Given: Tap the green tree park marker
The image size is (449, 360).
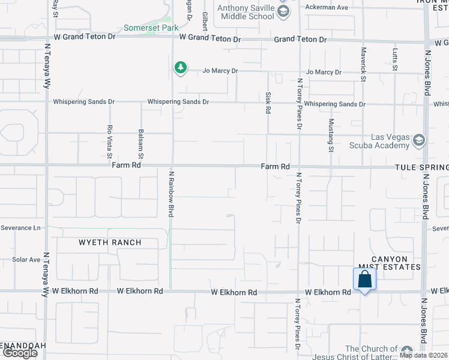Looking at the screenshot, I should [180, 68].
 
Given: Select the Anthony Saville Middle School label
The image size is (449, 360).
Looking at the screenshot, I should [246, 13].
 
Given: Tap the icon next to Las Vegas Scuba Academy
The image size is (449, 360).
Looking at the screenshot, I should [419, 140].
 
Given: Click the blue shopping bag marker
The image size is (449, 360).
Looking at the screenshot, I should [364, 280].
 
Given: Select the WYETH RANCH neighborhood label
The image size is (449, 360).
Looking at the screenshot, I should [110, 243].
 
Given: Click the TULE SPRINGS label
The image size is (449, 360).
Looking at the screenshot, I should [422, 167].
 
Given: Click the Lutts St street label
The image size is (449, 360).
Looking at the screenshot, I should [395, 59].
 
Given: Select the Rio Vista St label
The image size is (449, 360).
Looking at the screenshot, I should [110, 141].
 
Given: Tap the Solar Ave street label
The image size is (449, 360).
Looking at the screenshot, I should [26, 260].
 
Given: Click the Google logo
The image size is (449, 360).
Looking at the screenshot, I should [20, 353].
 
